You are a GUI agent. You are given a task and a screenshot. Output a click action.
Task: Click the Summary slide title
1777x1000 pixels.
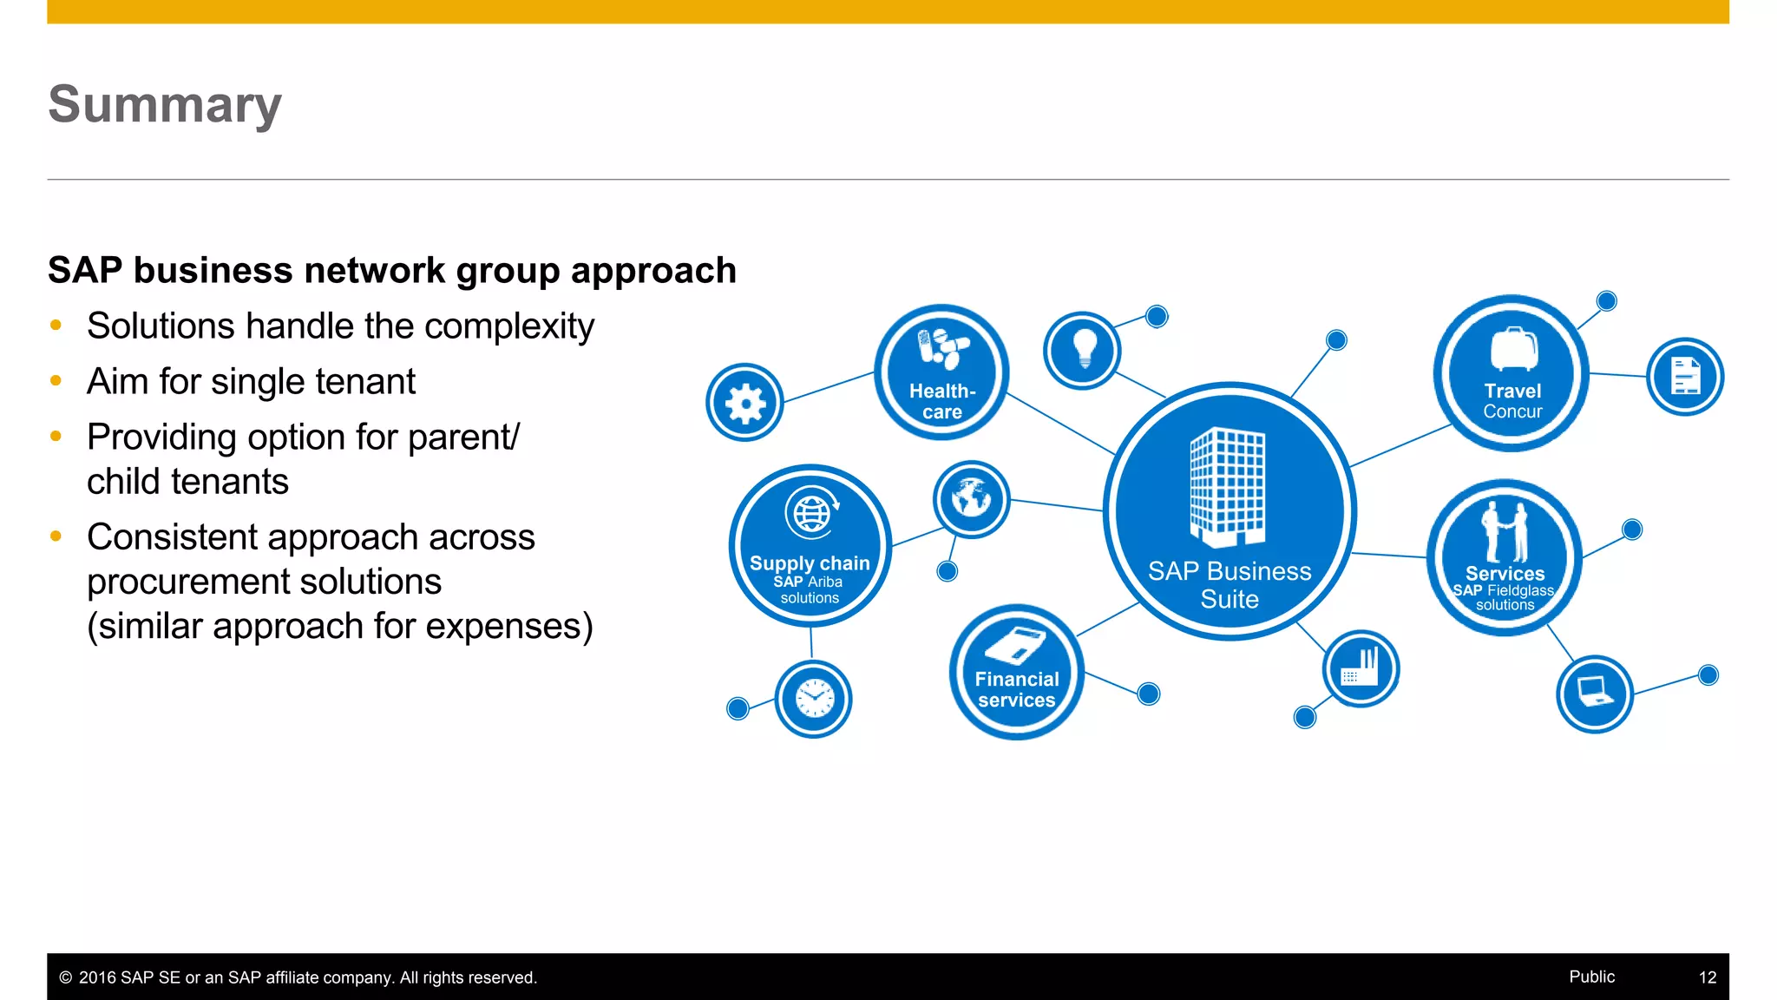[x=165, y=105]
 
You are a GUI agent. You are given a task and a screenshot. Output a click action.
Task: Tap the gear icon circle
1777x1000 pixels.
[x=744, y=403]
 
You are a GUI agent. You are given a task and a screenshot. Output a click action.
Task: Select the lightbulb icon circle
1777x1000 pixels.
[x=1082, y=351]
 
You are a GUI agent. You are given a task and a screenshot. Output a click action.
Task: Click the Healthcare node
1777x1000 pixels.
[x=941, y=372]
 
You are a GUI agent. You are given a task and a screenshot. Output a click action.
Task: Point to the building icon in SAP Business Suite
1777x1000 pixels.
[x=1228, y=485]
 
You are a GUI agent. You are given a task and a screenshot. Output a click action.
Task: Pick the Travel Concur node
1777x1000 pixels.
[x=1511, y=373]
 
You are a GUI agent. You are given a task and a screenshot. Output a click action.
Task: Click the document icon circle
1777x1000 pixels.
[x=1685, y=377]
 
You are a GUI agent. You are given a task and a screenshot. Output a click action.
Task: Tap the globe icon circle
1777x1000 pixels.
[x=971, y=499]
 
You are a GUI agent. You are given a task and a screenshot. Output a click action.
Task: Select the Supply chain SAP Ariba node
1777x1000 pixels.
[x=810, y=546]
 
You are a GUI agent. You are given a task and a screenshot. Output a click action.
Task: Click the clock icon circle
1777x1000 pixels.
[x=813, y=699]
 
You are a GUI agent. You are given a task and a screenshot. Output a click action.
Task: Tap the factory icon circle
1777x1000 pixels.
[x=1361, y=668]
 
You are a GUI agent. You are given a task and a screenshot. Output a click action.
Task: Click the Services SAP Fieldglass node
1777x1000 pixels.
[x=1505, y=557]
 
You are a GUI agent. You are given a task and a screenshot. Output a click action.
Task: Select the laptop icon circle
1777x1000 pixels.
[x=1595, y=694]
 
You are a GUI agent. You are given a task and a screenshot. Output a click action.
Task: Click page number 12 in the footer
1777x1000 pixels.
[x=1707, y=977]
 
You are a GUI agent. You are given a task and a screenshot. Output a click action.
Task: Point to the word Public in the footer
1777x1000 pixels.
[x=1591, y=977]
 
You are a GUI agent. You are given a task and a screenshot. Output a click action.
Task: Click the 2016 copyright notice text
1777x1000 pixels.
[x=298, y=977]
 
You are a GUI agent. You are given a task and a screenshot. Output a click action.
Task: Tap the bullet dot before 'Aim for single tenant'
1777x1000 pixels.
[x=56, y=381]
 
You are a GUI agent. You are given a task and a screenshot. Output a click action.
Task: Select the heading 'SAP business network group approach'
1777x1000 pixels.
[x=392, y=271]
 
